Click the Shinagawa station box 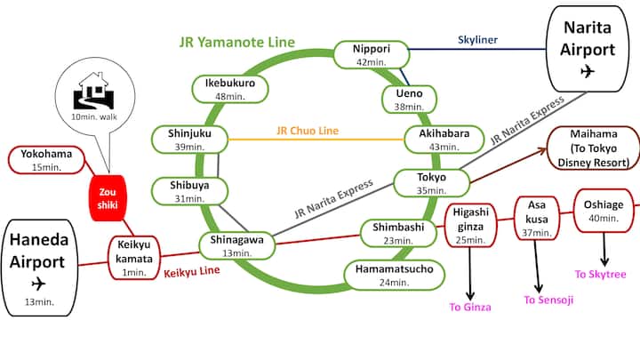[x=236, y=244]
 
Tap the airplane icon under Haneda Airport [x=37, y=284]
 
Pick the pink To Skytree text [x=601, y=275]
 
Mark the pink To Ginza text [x=469, y=307]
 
